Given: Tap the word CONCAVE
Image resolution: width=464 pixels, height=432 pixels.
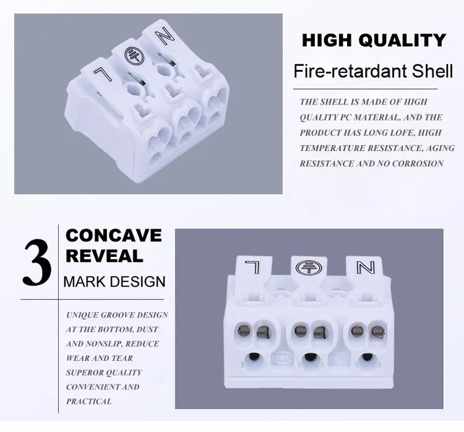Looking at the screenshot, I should click(114, 236).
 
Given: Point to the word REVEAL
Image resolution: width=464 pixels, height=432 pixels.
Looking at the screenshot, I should click(104, 255).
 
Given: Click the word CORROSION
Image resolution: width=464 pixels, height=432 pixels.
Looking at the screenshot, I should click(420, 163).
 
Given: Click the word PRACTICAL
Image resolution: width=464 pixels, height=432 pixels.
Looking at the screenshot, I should click(89, 401).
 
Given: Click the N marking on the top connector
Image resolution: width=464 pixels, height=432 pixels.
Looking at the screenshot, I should click(164, 38).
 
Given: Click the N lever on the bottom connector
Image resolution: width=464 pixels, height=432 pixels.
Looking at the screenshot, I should click(364, 268).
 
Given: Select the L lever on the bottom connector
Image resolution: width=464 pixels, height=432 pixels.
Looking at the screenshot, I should click(253, 267).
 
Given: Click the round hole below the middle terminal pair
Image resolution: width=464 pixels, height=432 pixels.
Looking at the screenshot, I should click(309, 357).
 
